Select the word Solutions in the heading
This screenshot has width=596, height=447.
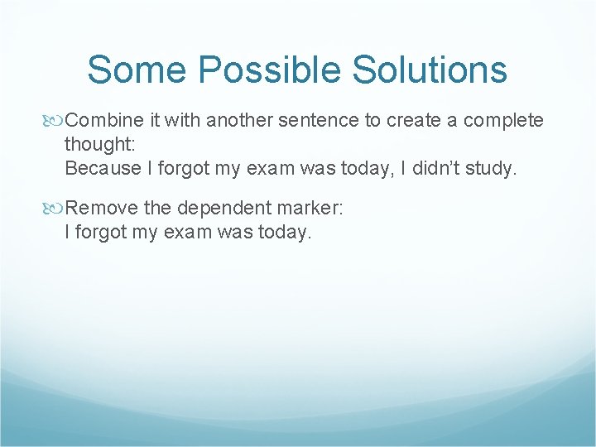pyautogui.click(x=430, y=70)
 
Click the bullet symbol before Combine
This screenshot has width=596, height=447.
pyautogui.click(x=55, y=121)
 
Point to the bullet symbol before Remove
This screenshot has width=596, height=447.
pyautogui.click(x=55, y=209)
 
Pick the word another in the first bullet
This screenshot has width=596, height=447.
pyautogui.click(x=239, y=121)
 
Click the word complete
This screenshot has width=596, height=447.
pyautogui.click(x=503, y=121)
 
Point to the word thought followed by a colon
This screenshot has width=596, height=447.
pyautogui.click(x=100, y=144)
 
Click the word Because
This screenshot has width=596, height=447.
pyautogui.click(x=102, y=168)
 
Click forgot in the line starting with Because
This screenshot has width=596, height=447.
pyautogui.click(x=184, y=168)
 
